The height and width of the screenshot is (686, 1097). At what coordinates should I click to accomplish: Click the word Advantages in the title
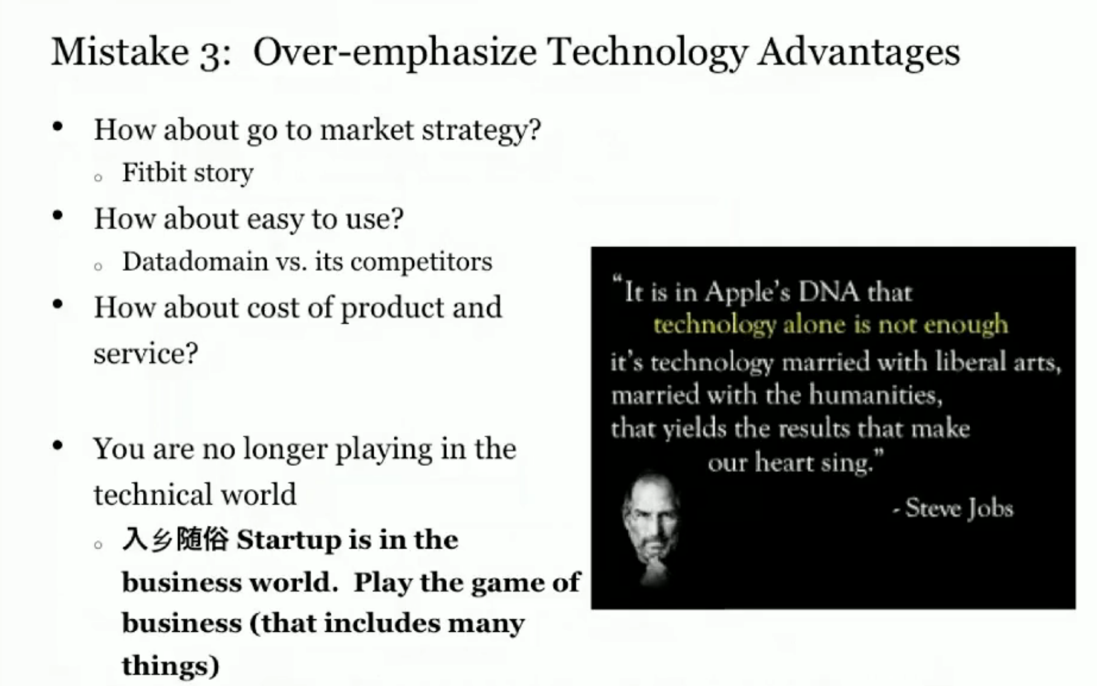click(x=858, y=54)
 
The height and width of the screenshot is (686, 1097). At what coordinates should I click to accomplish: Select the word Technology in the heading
click(x=647, y=54)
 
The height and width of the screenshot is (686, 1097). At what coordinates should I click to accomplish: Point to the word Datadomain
click(x=195, y=261)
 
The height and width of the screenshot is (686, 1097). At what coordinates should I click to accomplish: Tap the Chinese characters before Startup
click(x=175, y=539)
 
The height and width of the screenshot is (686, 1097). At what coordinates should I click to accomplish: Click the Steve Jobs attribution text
click(x=953, y=508)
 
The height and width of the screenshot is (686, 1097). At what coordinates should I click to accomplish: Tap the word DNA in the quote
click(x=828, y=291)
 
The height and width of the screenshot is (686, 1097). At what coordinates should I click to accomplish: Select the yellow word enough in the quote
click(x=966, y=325)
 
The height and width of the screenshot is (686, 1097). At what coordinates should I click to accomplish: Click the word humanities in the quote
click(x=876, y=395)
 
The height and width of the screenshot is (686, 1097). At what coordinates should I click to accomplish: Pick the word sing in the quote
click(x=850, y=463)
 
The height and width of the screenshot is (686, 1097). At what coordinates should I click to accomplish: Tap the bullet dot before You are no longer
click(x=58, y=445)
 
